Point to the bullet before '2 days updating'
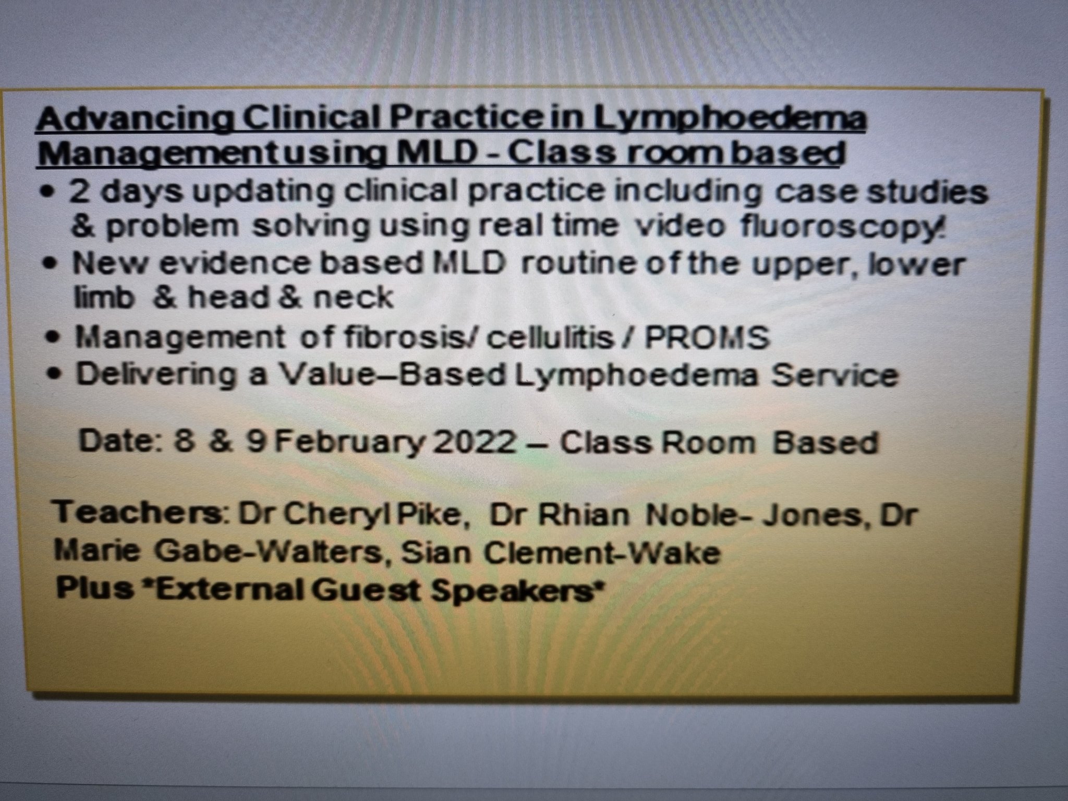coord(49,191)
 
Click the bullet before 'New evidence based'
coord(50,265)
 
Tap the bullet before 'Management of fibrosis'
coord(52,338)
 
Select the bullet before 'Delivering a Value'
coord(53,375)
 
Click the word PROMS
coord(707,337)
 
